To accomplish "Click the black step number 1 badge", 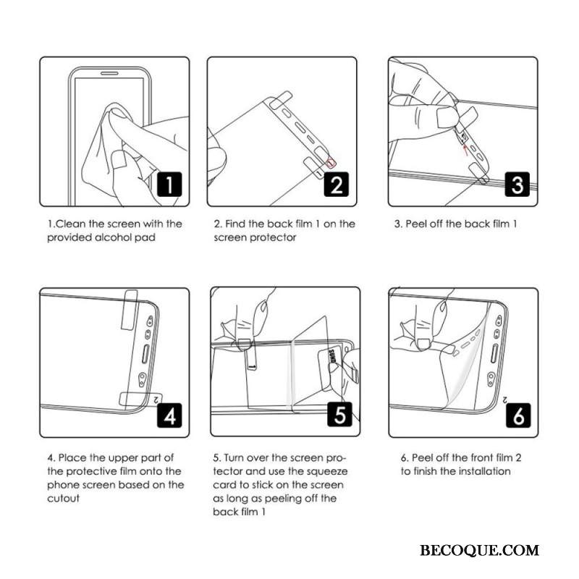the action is pyautogui.click(x=169, y=185).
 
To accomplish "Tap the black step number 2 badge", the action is pyautogui.click(x=337, y=185).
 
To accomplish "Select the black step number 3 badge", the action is pyautogui.click(x=517, y=185).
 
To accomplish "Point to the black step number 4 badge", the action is pyautogui.click(x=169, y=415).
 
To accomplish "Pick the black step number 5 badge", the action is pyautogui.click(x=339, y=414).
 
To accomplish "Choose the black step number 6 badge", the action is pyautogui.click(x=518, y=415).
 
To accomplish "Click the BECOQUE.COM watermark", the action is pyautogui.click(x=479, y=550).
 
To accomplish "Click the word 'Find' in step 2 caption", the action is pyautogui.click(x=236, y=224).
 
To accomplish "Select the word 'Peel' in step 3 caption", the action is pyautogui.click(x=416, y=224).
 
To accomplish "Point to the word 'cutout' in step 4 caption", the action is pyautogui.click(x=63, y=499).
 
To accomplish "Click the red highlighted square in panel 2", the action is pyautogui.click(x=331, y=161).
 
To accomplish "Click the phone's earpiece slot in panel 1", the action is pyautogui.click(x=109, y=73).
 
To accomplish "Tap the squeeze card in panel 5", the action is pyautogui.click(x=331, y=368).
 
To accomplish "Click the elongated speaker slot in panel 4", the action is pyautogui.click(x=145, y=354).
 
